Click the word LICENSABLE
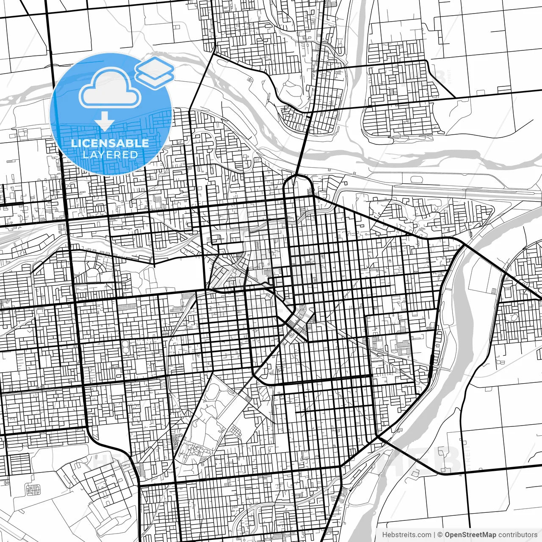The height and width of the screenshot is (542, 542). (x=110, y=143)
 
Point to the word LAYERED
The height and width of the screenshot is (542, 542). (x=110, y=155)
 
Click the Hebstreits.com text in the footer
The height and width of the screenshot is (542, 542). (x=406, y=535)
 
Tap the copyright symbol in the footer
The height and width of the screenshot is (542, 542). (x=440, y=535)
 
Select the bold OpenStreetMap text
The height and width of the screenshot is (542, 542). (x=470, y=535)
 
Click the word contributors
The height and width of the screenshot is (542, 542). (x=517, y=535)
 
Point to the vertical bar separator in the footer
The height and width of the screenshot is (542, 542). (x=435, y=535)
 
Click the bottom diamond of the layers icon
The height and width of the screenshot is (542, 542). (x=155, y=79)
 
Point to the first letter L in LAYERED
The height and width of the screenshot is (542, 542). (x=85, y=155)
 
